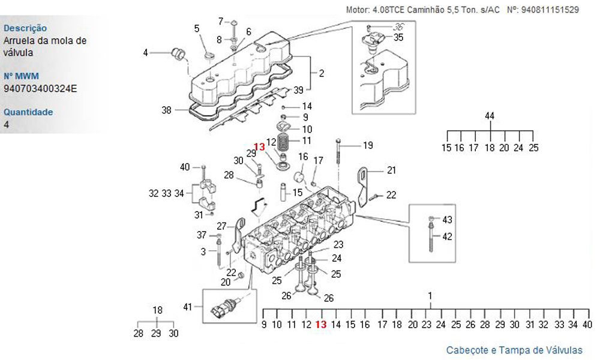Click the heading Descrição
pyautogui.click(x=25, y=28)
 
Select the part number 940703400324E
pyautogui.click(x=40, y=88)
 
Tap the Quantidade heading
pyautogui.click(x=28, y=112)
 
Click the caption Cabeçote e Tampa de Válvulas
pyautogui.click(x=514, y=350)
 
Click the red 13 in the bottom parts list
pyautogui.click(x=321, y=325)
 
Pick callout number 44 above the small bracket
pyautogui.click(x=490, y=116)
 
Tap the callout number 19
pyautogui.click(x=368, y=145)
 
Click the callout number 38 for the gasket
pyautogui.click(x=166, y=110)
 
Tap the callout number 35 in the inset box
pyautogui.click(x=398, y=37)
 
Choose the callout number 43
pyautogui.click(x=448, y=220)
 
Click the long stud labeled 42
pyautogui.click(x=431, y=238)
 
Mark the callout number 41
pyautogui.click(x=187, y=307)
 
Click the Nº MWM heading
pyautogui.click(x=22, y=76)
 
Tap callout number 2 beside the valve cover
pyautogui.click(x=322, y=73)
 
